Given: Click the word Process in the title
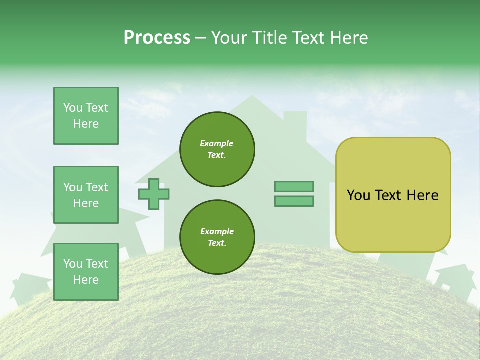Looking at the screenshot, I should point(157,37).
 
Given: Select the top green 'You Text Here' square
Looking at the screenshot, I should point(86,116).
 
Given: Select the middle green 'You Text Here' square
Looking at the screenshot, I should point(86,195).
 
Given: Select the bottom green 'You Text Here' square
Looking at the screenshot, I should point(86,272).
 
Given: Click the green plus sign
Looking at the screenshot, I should point(154,194).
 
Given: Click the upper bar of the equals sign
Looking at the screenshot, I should point(294,186).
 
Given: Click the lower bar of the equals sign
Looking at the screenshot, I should point(294,201).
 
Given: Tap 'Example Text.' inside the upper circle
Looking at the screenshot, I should point(217,149).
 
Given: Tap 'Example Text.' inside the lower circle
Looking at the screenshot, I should point(217,237).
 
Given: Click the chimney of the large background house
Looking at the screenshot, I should point(295,122).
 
